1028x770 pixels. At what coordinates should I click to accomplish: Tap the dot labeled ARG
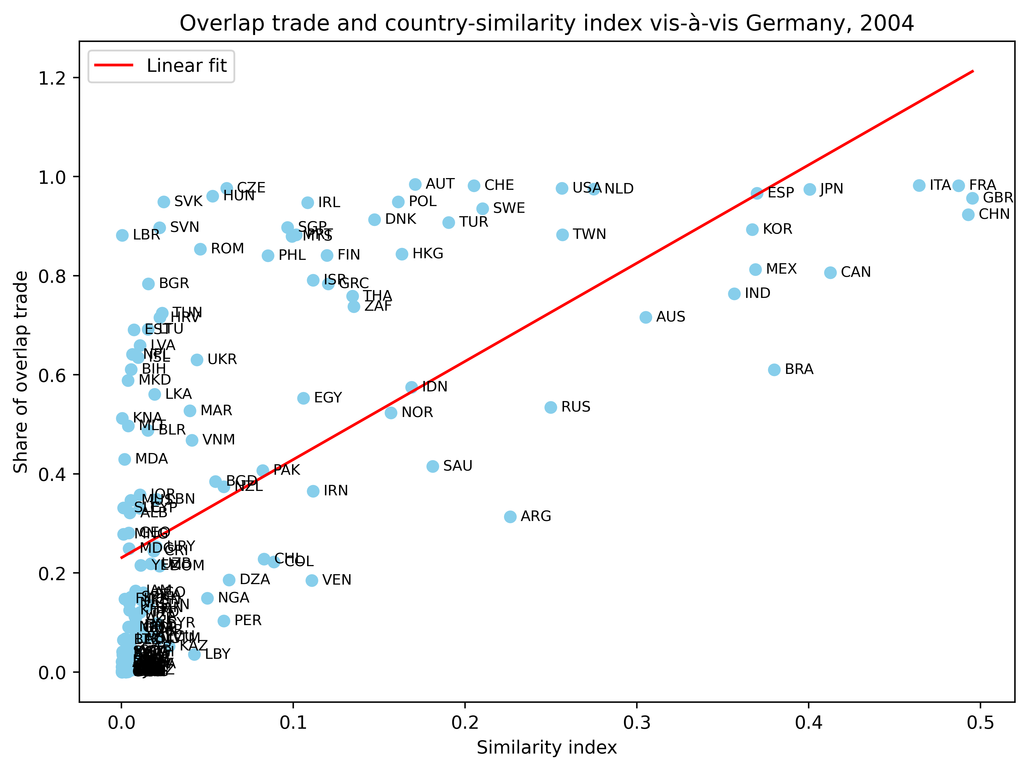coord(510,517)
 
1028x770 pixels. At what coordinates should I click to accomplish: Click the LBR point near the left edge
coord(122,236)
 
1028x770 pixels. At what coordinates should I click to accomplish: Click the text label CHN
coord(994,214)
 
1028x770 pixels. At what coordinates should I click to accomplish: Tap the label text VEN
coord(337,580)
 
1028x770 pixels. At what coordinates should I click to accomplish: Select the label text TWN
coord(589,234)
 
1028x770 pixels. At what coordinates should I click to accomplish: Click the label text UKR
coord(222,359)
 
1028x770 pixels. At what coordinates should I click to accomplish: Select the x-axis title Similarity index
coord(547,748)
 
